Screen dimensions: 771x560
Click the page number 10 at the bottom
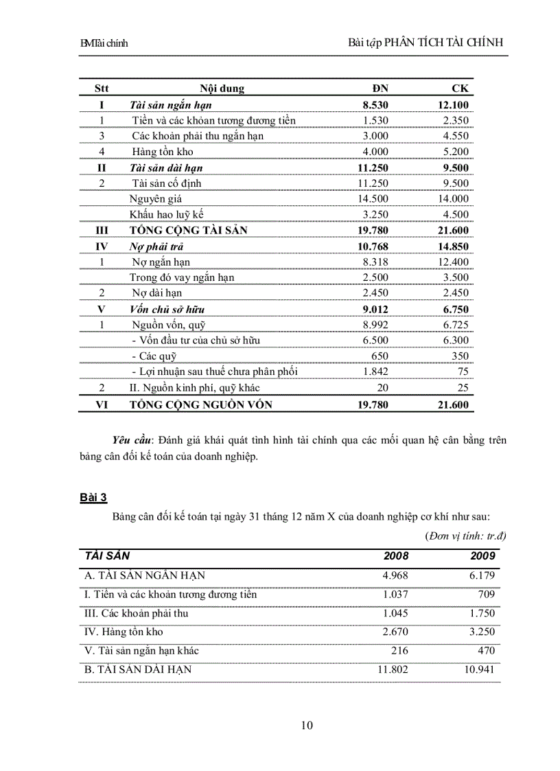307,725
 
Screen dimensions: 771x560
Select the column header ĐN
380,89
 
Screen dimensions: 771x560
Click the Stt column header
102,89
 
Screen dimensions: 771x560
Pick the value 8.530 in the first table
375,105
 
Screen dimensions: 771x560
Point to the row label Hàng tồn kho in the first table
163,152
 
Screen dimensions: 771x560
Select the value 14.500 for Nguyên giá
373,198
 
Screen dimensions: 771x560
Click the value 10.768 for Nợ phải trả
373,246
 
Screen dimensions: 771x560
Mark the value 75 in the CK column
463,371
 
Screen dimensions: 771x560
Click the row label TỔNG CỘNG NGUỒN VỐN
201,405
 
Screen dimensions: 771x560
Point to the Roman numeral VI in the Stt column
102,405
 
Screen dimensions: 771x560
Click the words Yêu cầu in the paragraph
132,440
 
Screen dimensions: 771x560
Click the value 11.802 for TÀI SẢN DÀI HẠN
395,669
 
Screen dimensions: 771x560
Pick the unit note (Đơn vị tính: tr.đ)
465,535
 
